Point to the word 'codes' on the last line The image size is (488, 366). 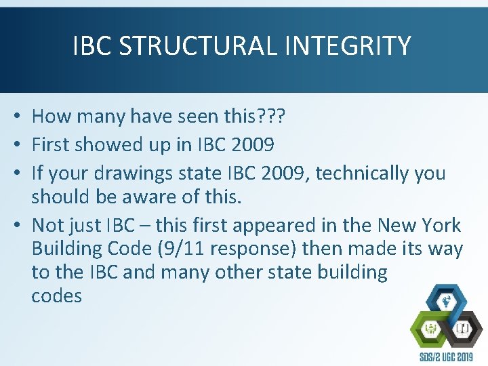tap(56, 296)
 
